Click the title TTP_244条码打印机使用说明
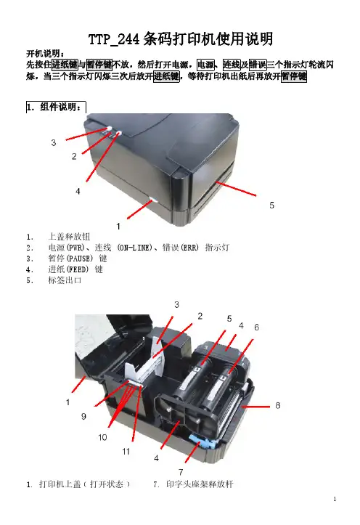tap(181, 38)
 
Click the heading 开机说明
tap(46, 54)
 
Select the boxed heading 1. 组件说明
tap(56, 107)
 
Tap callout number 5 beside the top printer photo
tap(271, 205)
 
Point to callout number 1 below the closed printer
tap(118, 227)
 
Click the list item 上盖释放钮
tap(69, 237)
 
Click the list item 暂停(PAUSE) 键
tap(78, 259)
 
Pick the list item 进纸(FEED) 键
tap(75, 269)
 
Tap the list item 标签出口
tap(65, 280)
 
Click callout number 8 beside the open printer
tap(278, 405)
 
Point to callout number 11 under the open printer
tap(126, 452)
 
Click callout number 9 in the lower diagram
tap(83, 416)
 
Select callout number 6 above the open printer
tap(257, 327)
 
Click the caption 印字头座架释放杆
tap(200, 484)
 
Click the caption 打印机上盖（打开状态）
tap(84, 484)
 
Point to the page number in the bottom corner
tap(335, 499)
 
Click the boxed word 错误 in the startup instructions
tap(258, 65)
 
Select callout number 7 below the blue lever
tap(181, 472)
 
